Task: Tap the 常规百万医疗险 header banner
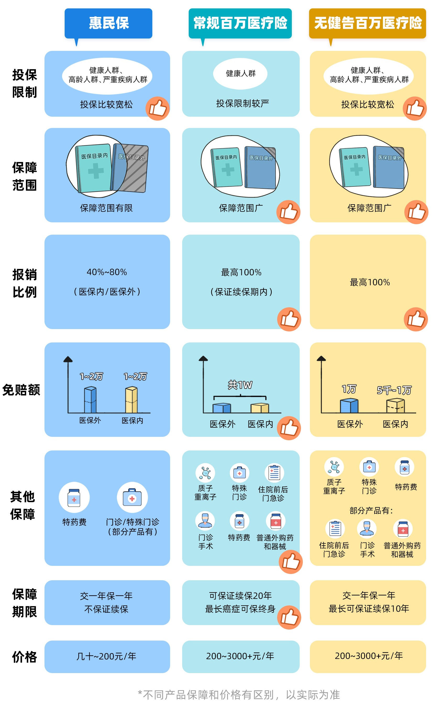(x=240, y=23)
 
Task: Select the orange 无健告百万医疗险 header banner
(x=367, y=23)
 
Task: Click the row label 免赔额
(x=21, y=390)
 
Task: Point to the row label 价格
(x=25, y=657)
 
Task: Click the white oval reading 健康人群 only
(x=240, y=73)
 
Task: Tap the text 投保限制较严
(x=242, y=103)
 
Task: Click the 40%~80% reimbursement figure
(x=107, y=272)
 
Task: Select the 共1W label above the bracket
(x=240, y=385)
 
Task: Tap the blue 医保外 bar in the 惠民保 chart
(x=90, y=400)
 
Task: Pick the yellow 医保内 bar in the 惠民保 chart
(x=131, y=400)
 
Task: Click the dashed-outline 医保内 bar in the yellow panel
(x=395, y=406)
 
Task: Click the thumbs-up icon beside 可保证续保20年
(x=289, y=617)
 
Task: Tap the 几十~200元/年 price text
(x=107, y=656)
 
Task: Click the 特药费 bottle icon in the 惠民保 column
(x=74, y=497)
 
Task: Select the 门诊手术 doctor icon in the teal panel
(x=205, y=521)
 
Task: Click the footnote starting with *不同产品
(x=239, y=694)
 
